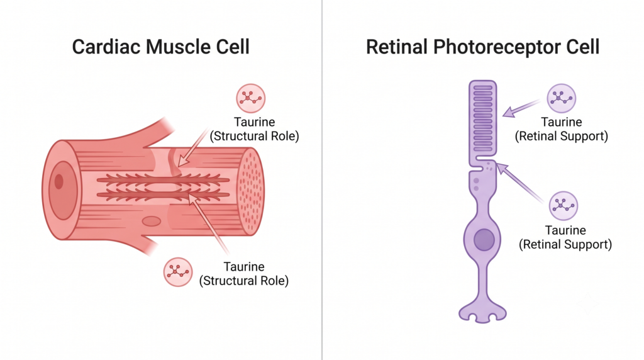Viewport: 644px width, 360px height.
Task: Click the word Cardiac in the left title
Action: pyautogui.click(x=107, y=47)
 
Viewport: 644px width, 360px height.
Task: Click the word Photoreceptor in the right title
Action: pyautogui.click(x=496, y=47)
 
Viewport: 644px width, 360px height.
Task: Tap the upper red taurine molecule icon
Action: pyautogui.click(x=250, y=98)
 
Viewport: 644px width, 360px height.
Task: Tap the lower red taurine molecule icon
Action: pyautogui.click(x=178, y=272)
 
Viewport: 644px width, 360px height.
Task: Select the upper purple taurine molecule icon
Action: pyautogui.click(x=562, y=98)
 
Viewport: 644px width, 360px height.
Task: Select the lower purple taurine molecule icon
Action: pyautogui.click(x=563, y=205)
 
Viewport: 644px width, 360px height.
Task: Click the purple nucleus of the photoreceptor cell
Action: pyautogui.click(x=484, y=240)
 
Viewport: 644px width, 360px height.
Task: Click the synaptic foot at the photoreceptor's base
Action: pyautogui.click(x=482, y=312)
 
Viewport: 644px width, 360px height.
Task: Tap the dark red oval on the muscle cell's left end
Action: pyautogui.click(x=58, y=181)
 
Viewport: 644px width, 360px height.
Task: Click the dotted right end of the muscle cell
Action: pyautogui.click(x=252, y=192)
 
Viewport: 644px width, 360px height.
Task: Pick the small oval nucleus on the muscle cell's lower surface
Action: pyautogui.click(x=152, y=222)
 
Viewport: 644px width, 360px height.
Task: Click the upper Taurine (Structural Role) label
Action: pyautogui.click(x=254, y=129)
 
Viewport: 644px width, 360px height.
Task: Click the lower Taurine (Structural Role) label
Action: pyautogui.click(x=244, y=274)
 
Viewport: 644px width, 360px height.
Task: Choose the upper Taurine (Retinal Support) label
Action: pyautogui.click(x=562, y=129)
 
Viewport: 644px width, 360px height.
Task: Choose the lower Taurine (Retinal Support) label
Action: pyautogui.click(x=565, y=237)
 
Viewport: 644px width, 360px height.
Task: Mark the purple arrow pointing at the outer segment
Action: pyautogui.click(x=521, y=108)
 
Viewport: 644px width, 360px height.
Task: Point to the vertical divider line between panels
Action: pyautogui.click(x=322, y=180)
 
